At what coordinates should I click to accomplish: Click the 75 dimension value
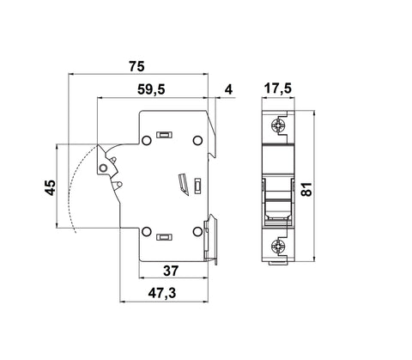[x=136, y=66]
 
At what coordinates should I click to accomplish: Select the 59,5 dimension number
[x=151, y=89]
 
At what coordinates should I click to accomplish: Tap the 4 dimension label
[x=228, y=89]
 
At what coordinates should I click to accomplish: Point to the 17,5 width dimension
[x=277, y=88]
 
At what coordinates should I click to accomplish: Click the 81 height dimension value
[x=306, y=189]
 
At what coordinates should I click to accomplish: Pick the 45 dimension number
[x=51, y=187]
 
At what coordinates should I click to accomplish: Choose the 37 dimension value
[x=171, y=271]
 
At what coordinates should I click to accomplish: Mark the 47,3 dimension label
[x=162, y=293]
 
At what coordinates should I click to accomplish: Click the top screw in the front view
[x=277, y=125]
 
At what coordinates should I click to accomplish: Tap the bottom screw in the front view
[x=277, y=246]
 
